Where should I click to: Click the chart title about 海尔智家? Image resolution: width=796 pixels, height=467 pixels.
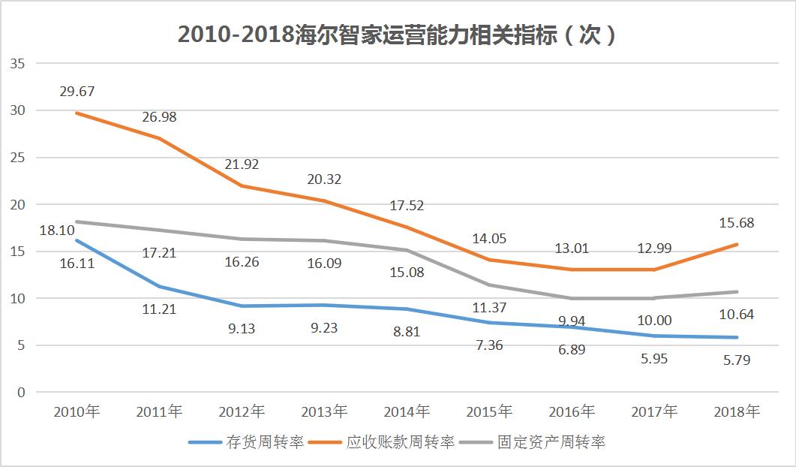point(397,35)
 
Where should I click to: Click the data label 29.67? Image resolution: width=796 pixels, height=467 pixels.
point(77,92)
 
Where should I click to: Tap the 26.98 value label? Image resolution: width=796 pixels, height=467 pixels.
point(159,117)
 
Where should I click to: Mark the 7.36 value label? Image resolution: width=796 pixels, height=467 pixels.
point(488,345)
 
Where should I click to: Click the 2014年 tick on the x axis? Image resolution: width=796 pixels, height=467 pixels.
point(406,411)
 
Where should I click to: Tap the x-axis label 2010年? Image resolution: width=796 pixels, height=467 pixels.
point(77,411)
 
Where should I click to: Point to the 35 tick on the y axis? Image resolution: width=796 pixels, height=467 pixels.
point(18,64)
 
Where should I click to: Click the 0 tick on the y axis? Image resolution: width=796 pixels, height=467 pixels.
point(22,392)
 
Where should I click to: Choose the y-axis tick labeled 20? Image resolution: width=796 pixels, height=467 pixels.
point(18,204)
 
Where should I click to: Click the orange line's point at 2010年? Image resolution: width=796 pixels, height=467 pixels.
point(77,113)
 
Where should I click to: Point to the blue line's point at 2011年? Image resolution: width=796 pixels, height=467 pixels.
point(159,287)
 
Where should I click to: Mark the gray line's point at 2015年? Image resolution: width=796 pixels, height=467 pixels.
point(488,285)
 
